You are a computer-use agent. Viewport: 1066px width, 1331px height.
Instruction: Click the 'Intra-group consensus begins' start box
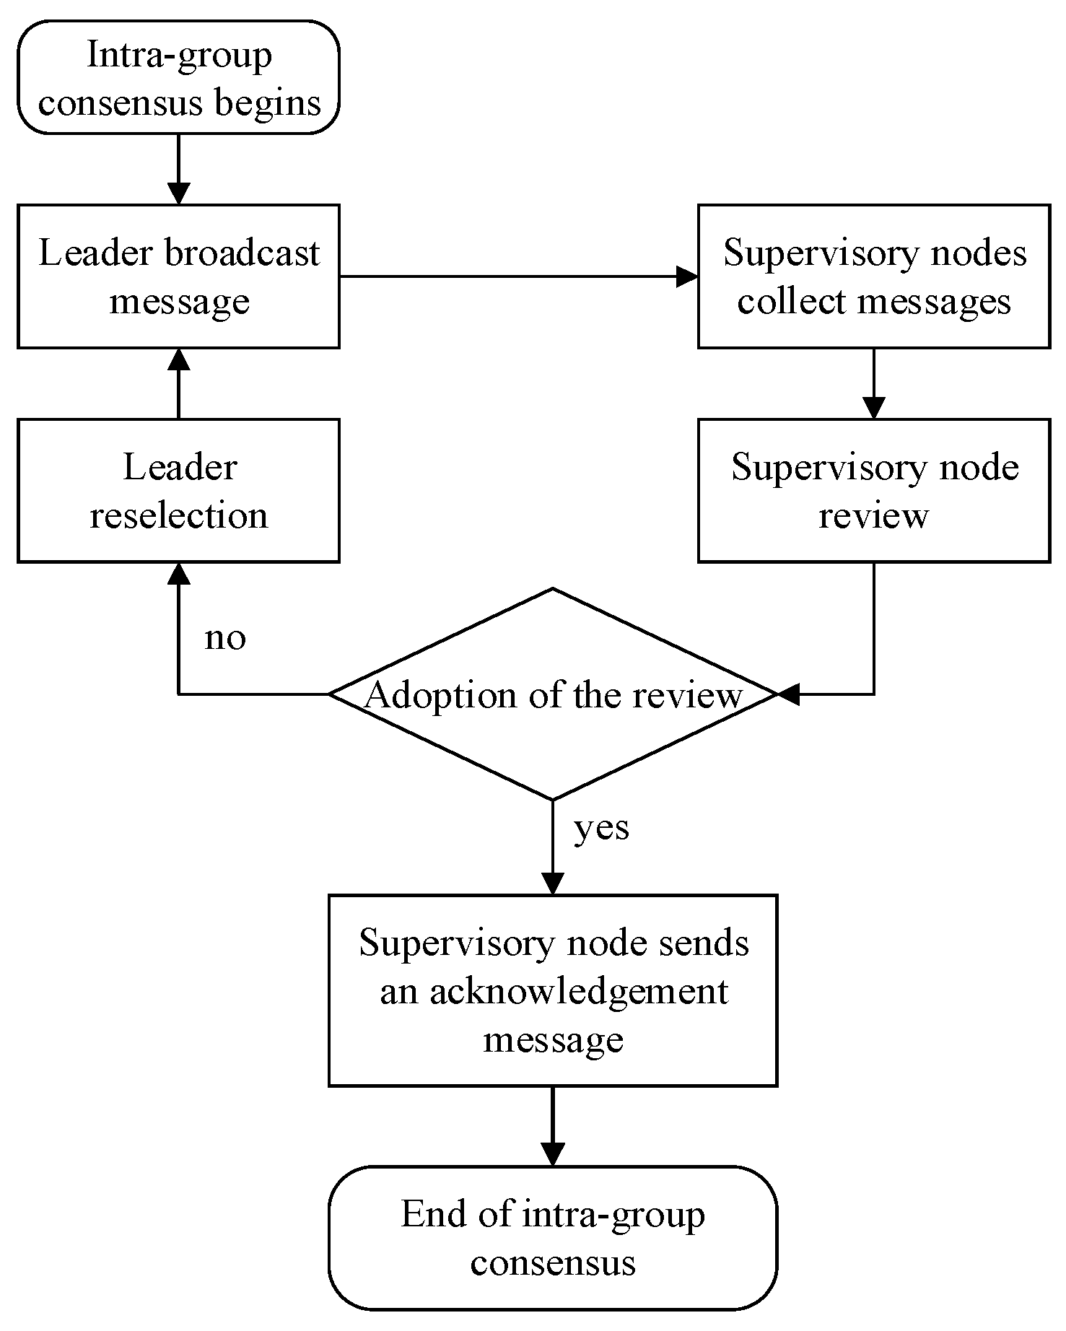[x=178, y=78]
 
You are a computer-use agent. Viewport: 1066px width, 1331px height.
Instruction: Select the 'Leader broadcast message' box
[x=178, y=276]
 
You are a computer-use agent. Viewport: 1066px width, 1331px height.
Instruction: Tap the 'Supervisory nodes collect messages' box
[x=873, y=276]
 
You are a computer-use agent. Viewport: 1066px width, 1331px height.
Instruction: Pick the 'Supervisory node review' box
[x=873, y=491]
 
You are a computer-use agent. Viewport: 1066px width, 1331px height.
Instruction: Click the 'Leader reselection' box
[x=178, y=491]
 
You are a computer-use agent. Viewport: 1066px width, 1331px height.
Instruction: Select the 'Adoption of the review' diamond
[x=553, y=694]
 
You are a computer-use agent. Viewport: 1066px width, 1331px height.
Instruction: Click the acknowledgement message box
[x=553, y=990]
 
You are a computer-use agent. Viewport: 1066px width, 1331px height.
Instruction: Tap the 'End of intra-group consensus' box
[x=553, y=1238]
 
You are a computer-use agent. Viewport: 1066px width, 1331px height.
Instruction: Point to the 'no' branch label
[x=225, y=637]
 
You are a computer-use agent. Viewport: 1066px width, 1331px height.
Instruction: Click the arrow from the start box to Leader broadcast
[x=178, y=169]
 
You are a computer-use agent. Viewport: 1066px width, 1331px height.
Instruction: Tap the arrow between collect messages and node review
[x=873, y=383]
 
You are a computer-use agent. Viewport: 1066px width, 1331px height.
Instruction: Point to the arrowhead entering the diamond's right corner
[x=788, y=694]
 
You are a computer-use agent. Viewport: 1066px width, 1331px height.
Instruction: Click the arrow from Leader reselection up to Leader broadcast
[x=178, y=383]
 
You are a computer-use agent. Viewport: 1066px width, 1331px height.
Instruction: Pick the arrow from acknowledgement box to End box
[x=553, y=1125]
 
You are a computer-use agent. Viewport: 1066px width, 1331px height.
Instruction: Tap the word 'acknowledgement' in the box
[x=580, y=991]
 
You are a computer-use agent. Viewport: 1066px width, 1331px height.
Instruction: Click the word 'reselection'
[x=178, y=515]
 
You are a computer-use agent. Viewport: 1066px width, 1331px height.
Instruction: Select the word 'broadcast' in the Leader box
[x=242, y=253]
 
